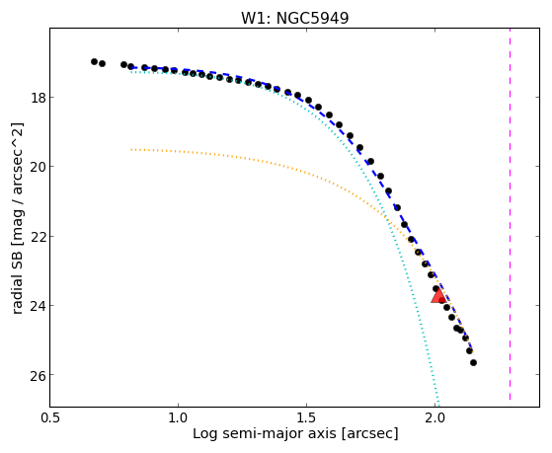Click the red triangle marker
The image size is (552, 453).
(x=438, y=296)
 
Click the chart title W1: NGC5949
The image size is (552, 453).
(x=294, y=19)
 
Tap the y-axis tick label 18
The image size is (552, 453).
(x=39, y=98)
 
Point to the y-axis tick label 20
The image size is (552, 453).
(x=39, y=167)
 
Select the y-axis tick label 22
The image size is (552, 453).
(x=39, y=237)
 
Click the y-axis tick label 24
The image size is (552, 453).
(x=39, y=306)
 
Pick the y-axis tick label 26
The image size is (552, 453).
(x=39, y=375)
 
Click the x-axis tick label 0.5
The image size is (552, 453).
(x=50, y=417)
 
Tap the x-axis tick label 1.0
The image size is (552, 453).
(x=178, y=417)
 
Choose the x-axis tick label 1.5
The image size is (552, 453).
(x=307, y=417)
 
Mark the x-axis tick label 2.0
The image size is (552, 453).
(x=435, y=417)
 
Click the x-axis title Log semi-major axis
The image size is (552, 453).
(x=265, y=433)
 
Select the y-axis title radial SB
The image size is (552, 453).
(x=17, y=280)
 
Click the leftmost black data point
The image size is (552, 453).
(x=94, y=61)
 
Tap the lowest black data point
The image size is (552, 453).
(x=473, y=362)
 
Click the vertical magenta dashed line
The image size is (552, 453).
(x=510, y=214)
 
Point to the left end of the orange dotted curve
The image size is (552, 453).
(x=131, y=150)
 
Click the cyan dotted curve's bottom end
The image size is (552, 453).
(x=438, y=405)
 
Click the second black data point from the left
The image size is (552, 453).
(x=102, y=64)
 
